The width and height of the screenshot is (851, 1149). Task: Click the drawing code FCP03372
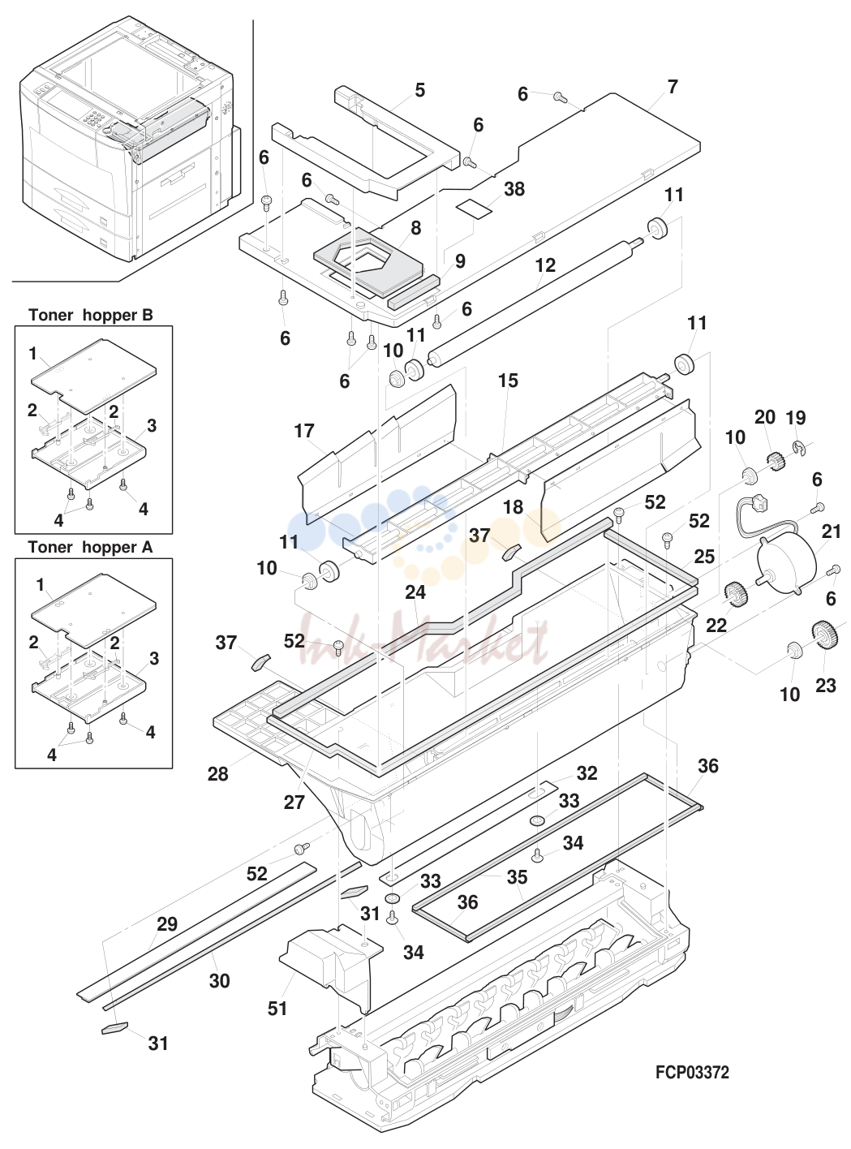coord(692,1072)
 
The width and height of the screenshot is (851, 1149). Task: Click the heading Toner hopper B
coord(91,315)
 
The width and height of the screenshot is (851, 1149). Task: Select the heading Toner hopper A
coord(90,547)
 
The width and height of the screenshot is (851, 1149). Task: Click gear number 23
coord(826,634)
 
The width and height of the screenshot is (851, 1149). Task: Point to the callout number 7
coord(673,87)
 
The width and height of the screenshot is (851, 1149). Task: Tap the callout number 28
coord(217,774)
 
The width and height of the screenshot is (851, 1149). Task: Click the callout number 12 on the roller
coord(545,265)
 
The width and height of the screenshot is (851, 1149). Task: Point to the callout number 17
coord(304,431)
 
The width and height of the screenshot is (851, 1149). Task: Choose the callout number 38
coord(514,189)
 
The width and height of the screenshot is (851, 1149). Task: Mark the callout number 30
coord(219,981)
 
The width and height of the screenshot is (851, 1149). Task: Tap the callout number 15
coord(508,381)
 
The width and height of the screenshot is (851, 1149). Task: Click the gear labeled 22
coord(734,594)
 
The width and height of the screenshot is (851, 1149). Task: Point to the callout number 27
coord(294,803)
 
